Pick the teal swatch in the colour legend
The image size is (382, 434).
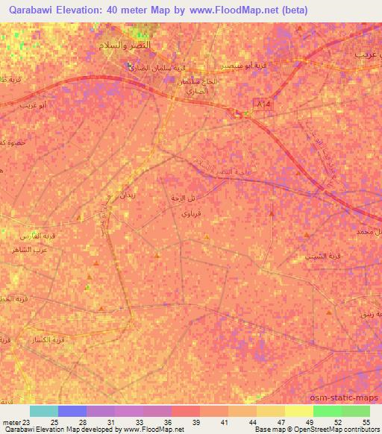44,411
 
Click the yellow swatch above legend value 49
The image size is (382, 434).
298,411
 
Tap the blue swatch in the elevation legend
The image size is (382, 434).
72,411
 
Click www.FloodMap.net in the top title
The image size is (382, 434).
236,10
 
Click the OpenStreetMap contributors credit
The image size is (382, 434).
344,430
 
